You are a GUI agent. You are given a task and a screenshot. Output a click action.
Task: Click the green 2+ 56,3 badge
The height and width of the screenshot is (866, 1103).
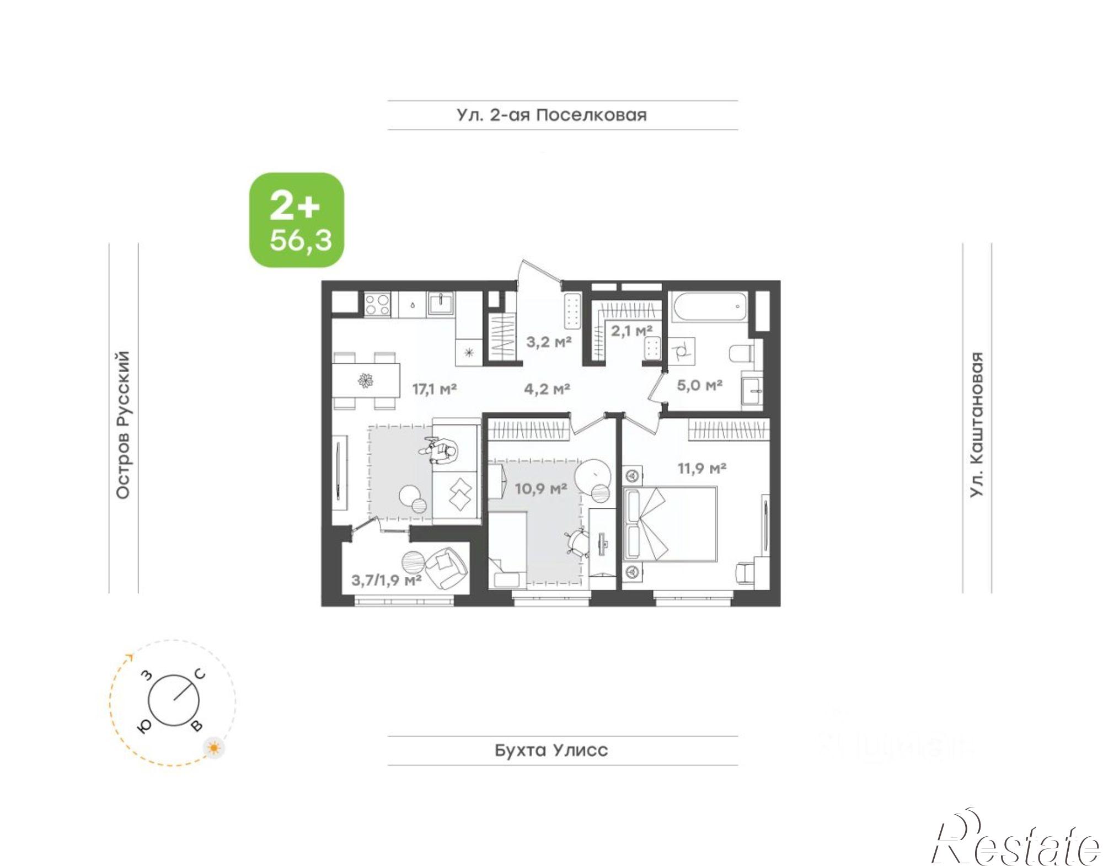click(x=297, y=220)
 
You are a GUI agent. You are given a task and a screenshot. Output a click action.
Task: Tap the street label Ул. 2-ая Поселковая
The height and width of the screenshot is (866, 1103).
click(x=551, y=115)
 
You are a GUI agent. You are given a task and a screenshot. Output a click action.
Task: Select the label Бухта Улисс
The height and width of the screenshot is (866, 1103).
click(x=551, y=750)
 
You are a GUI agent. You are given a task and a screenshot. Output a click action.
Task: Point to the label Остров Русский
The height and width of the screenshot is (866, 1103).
click(x=123, y=425)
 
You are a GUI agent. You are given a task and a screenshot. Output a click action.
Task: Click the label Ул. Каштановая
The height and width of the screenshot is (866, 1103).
click(x=977, y=424)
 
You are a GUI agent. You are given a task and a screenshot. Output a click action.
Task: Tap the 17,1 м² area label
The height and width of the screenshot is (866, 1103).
click(x=435, y=389)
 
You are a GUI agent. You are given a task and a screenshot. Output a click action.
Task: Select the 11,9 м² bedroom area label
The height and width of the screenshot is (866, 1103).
click(x=702, y=469)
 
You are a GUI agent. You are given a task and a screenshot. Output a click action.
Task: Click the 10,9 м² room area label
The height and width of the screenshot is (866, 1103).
click(x=541, y=488)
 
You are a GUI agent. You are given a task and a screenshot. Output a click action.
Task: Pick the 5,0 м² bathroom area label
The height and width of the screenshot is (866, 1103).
click(x=700, y=385)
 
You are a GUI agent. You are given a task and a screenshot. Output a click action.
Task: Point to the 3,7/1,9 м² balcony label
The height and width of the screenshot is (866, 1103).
click(x=387, y=580)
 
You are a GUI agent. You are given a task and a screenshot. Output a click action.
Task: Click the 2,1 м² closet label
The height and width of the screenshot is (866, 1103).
click(x=631, y=331)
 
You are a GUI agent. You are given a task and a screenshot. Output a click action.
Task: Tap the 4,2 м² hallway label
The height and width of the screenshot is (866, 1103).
click(x=547, y=389)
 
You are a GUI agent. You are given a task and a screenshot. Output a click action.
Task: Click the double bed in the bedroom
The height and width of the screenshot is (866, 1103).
click(x=670, y=523)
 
